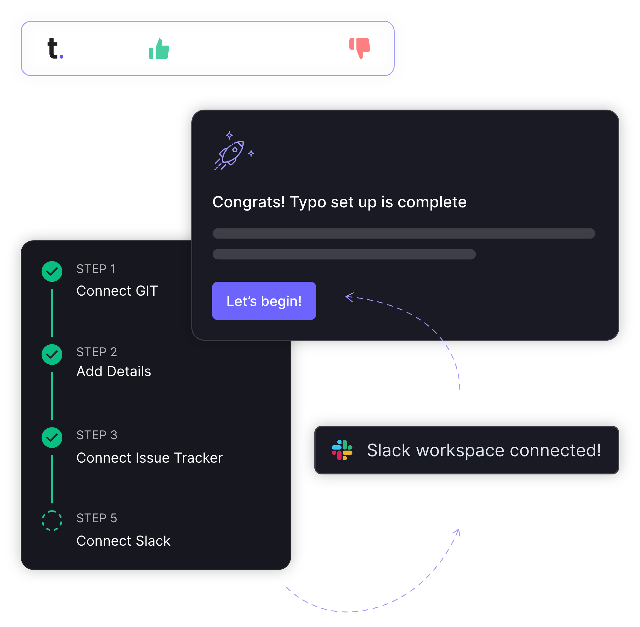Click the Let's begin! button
(264, 301)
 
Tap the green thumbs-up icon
(159, 49)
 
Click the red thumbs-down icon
(360, 48)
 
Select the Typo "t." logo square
(55, 48)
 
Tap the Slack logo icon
(342, 450)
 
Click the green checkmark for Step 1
(52, 271)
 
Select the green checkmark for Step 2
(52, 354)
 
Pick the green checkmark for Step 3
(52, 437)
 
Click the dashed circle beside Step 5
(52, 520)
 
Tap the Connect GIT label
(117, 291)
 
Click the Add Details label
(114, 371)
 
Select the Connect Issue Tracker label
(150, 458)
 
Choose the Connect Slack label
(124, 541)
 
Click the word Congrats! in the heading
(249, 202)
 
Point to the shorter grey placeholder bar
(344, 254)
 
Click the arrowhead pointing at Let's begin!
(349, 297)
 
